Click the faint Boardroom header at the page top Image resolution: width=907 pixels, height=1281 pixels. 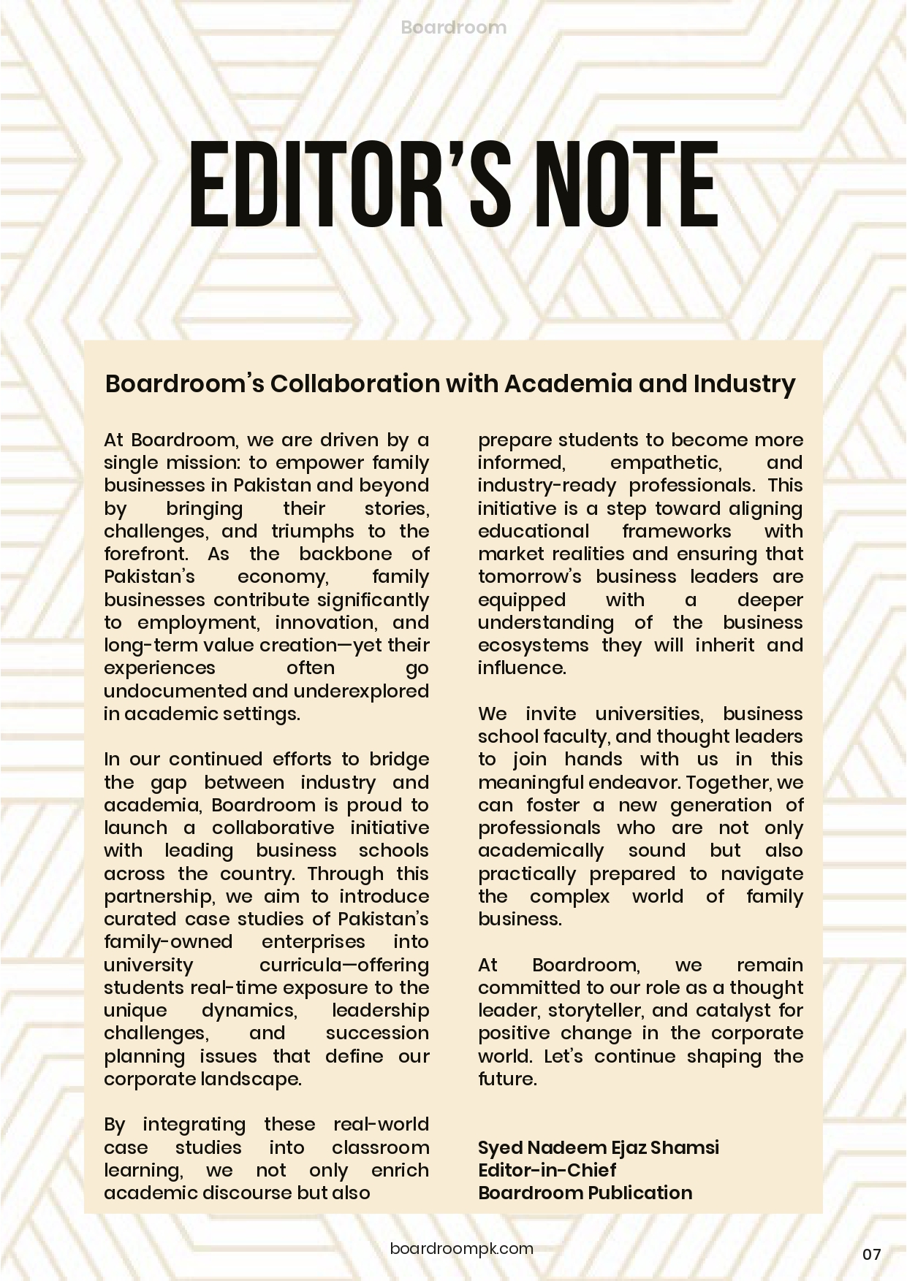[x=453, y=28]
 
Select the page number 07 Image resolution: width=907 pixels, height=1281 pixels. [x=871, y=1255]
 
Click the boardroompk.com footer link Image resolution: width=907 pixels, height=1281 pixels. [x=462, y=1248]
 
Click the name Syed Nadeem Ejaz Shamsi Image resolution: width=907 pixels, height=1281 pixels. [x=598, y=1147]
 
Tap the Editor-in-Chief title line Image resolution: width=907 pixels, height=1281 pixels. [x=547, y=1170]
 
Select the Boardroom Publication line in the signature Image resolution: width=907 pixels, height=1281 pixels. [x=585, y=1193]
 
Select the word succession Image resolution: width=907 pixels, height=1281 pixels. [x=377, y=1033]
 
